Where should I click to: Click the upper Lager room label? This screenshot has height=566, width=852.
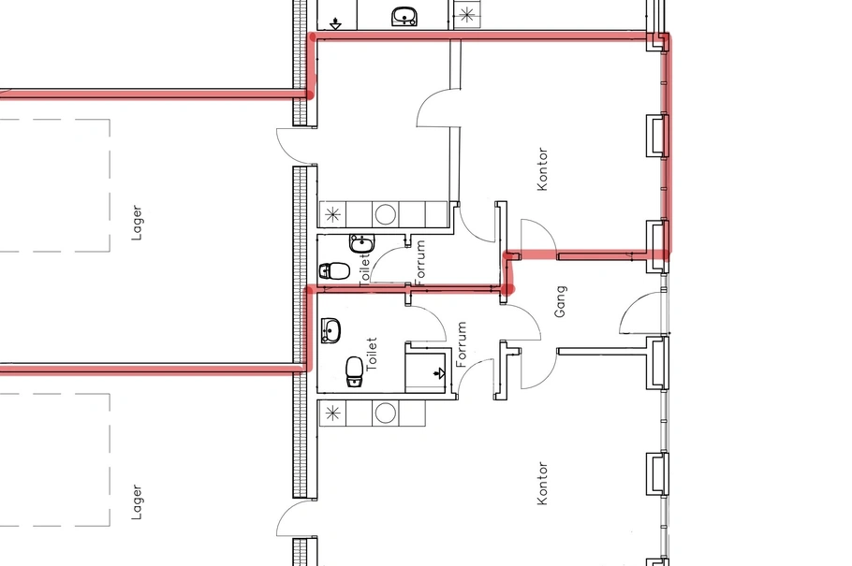coord(137,223)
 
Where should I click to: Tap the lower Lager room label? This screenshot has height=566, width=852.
coord(137,501)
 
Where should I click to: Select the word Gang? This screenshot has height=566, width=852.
coord(560,301)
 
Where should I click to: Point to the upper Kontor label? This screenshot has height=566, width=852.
coord(542,169)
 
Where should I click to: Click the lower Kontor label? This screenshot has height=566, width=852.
coord(542,484)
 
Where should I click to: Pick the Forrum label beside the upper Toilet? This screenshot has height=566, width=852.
coord(419,262)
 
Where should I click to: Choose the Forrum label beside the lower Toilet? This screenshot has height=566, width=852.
coord(462,344)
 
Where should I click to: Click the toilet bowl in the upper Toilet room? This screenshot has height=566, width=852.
coord(334,270)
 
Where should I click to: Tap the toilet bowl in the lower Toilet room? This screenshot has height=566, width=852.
coord(354,371)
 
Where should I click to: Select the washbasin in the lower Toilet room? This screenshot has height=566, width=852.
coord(331,331)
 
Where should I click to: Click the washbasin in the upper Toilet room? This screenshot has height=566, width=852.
coord(360,243)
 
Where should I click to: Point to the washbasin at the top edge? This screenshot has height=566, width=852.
coord(404,16)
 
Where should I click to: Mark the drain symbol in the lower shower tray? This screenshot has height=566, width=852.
coord(439,373)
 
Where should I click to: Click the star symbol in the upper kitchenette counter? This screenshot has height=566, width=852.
coord(332,214)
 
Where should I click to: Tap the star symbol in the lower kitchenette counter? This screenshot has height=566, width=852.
coord(332,414)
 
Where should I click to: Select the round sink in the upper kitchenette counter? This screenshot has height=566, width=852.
coord(385,214)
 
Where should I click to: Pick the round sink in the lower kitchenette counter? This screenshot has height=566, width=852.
coord(385,414)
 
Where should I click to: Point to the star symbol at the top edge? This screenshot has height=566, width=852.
coord(466,15)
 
